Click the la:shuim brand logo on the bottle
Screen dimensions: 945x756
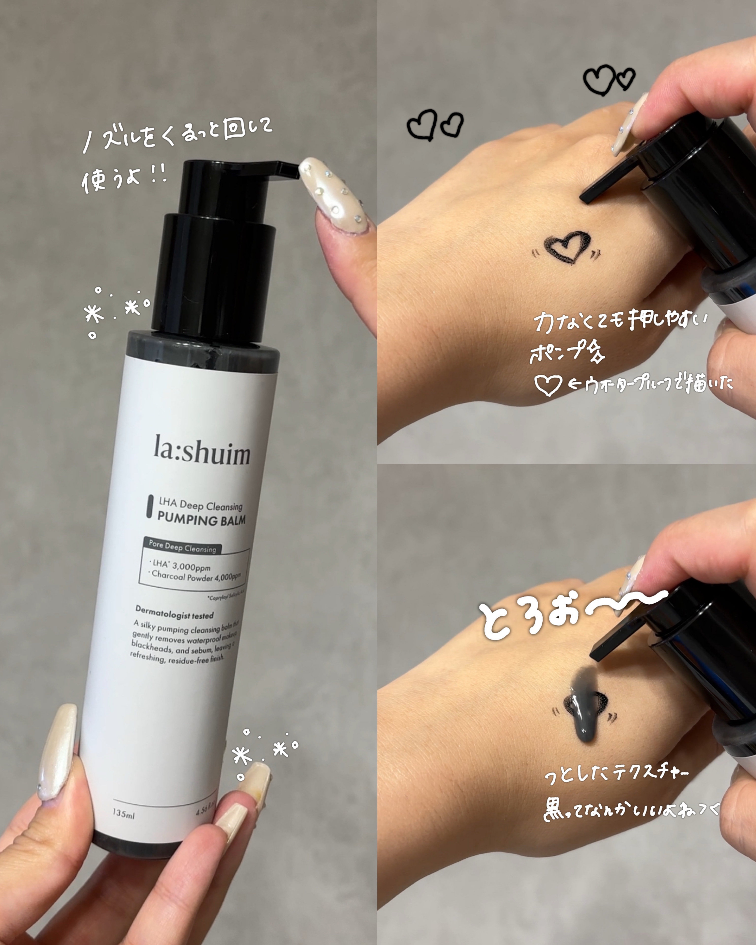[x=202, y=450]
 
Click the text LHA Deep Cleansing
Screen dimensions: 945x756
[x=200, y=505]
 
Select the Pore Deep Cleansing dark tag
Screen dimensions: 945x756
[x=182, y=546]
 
